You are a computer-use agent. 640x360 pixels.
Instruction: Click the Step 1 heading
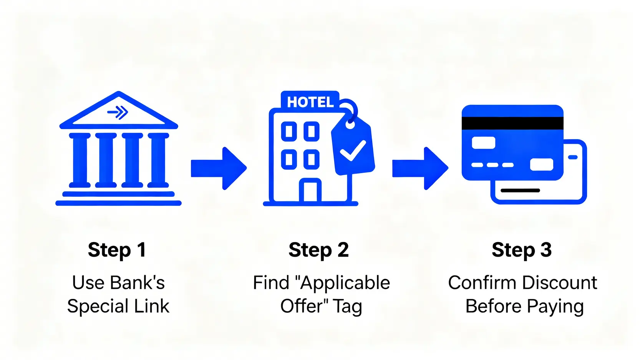[x=117, y=250]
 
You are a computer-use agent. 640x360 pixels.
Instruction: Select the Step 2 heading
[x=318, y=250]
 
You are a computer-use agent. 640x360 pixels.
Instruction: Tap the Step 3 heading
[x=522, y=250]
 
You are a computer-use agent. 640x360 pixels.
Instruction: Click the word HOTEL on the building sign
[x=310, y=102]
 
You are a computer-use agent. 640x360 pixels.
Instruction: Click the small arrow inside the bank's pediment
[x=118, y=112]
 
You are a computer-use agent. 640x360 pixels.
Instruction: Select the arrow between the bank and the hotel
[x=219, y=168]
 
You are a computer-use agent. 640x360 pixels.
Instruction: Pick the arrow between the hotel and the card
[x=420, y=168]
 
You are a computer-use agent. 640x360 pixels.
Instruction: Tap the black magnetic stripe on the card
[x=512, y=123]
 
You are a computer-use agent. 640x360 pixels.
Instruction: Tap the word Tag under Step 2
[x=347, y=307]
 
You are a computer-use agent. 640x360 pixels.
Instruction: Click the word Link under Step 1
[x=152, y=306]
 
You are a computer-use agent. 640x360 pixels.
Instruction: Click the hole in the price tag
[x=350, y=124]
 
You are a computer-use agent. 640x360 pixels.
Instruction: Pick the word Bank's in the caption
[x=137, y=283]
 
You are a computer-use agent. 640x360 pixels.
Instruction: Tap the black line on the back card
[x=521, y=190]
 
